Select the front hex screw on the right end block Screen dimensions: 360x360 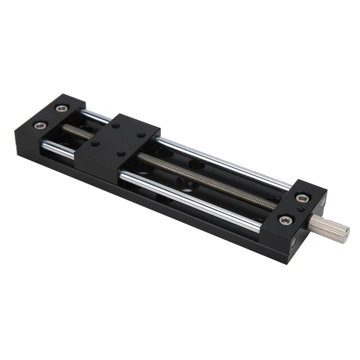tap(285, 220)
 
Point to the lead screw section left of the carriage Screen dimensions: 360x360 tap(70, 130)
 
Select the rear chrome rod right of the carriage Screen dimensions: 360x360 tap(225, 163)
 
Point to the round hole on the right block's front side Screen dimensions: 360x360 tap(296, 243)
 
